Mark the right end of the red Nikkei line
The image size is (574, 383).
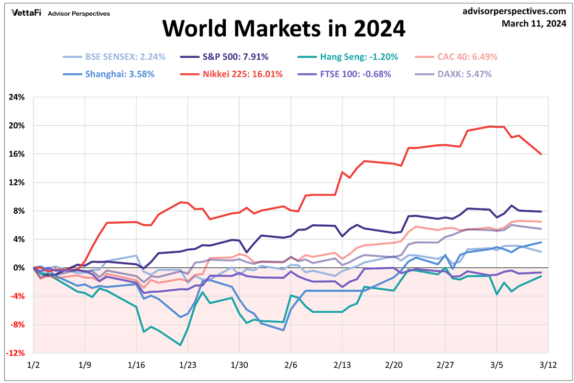click(x=541, y=154)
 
